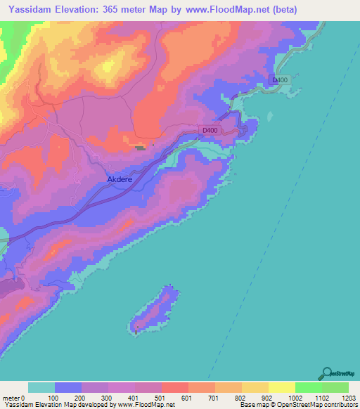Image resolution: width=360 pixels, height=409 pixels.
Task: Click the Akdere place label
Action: [120, 179]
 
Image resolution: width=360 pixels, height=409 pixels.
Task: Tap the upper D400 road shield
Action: [281, 81]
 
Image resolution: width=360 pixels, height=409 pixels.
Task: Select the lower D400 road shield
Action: [210, 131]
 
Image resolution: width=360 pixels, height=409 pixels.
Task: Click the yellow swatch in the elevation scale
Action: [282, 387]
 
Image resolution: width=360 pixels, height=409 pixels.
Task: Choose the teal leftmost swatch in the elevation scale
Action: [41, 387]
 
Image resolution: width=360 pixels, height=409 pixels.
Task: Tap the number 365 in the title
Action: [113, 10]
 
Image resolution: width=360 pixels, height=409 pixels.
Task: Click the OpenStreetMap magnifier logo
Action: [327, 373]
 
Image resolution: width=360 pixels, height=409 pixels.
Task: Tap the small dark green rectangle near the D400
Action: [141, 148]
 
